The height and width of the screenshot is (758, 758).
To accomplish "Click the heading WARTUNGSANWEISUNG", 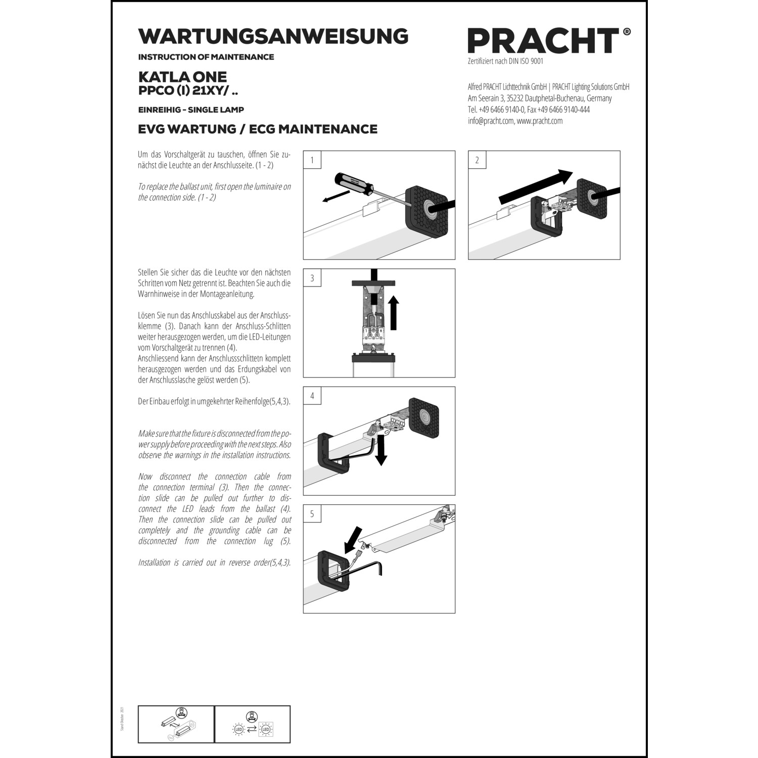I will tap(273, 36).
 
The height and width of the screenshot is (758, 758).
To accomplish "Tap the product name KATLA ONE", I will tap(182, 77).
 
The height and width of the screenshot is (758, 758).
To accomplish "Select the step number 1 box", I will tap(312, 160).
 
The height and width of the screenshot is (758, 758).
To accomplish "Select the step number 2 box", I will tap(477, 160).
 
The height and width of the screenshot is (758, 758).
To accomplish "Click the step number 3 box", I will tap(312, 278).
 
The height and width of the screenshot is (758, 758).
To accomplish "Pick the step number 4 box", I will tap(312, 396).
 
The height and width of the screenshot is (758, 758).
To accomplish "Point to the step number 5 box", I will tap(312, 514).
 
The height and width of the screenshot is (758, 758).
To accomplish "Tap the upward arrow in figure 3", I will tap(394, 313).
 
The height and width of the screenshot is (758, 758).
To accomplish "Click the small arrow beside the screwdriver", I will tap(336, 197).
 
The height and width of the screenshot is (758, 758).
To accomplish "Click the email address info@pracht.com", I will tap(490, 121).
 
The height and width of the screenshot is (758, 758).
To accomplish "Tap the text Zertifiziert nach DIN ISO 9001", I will tap(505, 61).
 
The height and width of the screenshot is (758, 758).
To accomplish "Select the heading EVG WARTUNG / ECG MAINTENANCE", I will tap(258, 129).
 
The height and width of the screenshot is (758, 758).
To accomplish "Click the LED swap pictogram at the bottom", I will tap(252, 725).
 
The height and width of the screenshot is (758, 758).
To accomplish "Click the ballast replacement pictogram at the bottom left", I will tap(176, 725).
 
